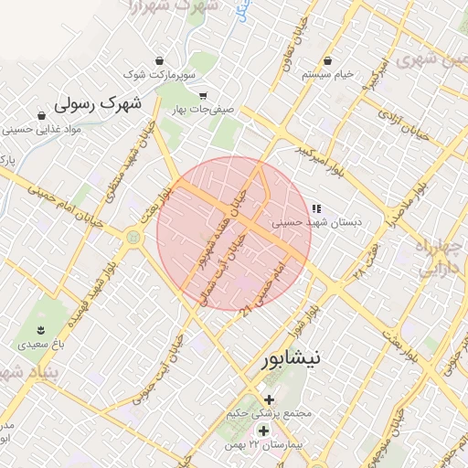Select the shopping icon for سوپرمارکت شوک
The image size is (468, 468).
pyautogui.click(x=161, y=58)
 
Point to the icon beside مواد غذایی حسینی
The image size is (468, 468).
pyautogui.click(x=42, y=115)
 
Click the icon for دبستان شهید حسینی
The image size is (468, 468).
pyautogui.click(x=316, y=208)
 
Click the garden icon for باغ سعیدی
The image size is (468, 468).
pyautogui.click(x=40, y=329)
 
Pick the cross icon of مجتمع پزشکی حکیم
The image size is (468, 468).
pyautogui.click(x=269, y=399)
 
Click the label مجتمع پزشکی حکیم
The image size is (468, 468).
pyautogui.click(x=273, y=413)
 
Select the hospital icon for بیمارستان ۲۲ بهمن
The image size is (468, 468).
pyautogui.click(x=263, y=431)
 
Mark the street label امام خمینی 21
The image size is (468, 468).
pyautogui.click(x=266, y=286)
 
